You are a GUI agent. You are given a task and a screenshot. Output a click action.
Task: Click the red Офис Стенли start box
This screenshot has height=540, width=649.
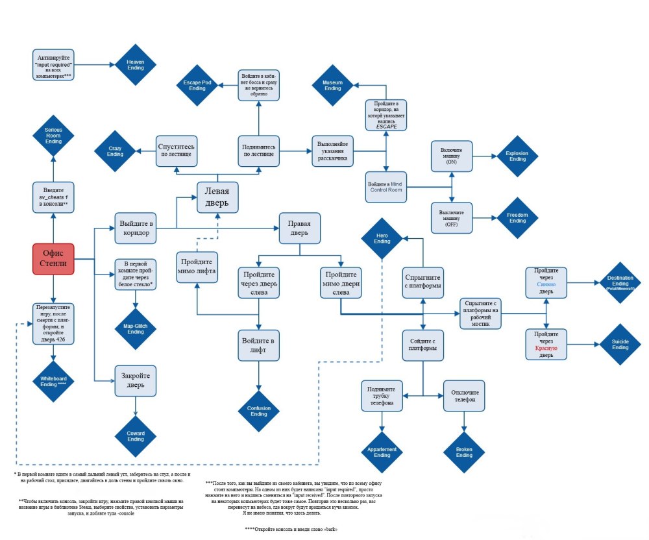53,259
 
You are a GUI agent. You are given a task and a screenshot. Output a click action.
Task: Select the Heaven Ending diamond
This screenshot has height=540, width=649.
135,65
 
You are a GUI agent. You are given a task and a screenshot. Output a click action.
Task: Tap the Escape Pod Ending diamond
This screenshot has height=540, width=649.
197,87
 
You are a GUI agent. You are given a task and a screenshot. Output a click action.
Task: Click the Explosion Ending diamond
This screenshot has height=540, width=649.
517,156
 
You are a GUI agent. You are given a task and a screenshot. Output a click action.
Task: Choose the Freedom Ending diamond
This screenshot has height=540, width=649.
517,217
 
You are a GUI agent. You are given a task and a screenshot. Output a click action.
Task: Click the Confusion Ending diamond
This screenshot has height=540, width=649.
258,411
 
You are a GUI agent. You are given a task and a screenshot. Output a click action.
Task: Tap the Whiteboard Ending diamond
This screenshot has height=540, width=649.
53,380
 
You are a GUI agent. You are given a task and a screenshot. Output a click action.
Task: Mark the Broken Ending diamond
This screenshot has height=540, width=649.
464,452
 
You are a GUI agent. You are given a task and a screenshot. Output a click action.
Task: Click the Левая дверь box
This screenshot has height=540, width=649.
217,197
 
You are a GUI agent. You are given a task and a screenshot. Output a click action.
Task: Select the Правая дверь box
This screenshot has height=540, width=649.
299,228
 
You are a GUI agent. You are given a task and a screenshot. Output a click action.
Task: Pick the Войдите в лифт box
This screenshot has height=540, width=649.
258,345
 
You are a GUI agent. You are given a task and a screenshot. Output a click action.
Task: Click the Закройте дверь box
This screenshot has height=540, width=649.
136,380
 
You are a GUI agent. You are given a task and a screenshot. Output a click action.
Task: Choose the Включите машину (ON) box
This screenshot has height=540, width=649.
451,156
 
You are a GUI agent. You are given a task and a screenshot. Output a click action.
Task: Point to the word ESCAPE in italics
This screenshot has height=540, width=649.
386,127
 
